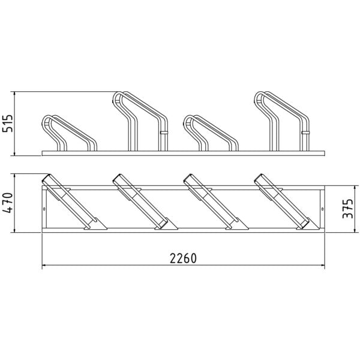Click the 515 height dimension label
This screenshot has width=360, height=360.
[x=7, y=124]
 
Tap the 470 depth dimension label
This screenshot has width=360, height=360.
[x=7, y=203]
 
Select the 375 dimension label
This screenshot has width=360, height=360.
[x=347, y=209]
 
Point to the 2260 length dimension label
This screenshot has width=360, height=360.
[x=183, y=259]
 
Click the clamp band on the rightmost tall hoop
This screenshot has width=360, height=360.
[x=305, y=133]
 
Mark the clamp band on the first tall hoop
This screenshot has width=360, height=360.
[x=164, y=133]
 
